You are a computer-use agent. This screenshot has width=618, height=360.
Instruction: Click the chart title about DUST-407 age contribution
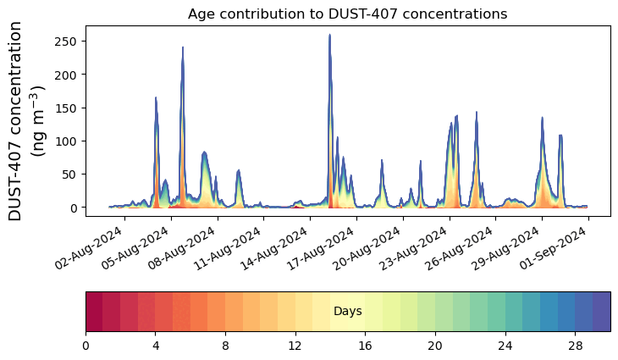[x=347, y=14]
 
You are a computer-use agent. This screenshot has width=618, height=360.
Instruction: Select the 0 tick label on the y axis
[x=75, y=208]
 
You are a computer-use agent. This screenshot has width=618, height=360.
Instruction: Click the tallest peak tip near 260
[x=329, y=36]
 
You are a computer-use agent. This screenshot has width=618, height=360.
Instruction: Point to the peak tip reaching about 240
[x=183, y=48]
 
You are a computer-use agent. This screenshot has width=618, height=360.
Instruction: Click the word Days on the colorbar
[x=347, y=312]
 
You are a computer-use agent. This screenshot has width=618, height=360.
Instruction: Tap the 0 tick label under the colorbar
[x=86, y=346]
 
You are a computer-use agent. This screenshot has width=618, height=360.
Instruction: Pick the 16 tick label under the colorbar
[x=366, y=346]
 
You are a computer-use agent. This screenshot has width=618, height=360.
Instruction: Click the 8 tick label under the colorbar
[x=225, y=346]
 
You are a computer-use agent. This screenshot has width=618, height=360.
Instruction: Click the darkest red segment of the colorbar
[x=94, y=312]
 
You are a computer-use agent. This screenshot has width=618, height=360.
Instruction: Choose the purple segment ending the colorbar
[x=602, y=312]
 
